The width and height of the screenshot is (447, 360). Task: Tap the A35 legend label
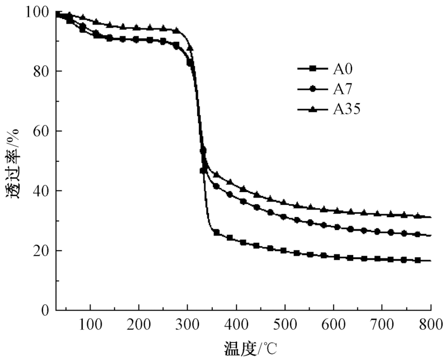[x=347, y=109]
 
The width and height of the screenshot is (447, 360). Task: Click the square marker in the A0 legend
[x=313, y=69]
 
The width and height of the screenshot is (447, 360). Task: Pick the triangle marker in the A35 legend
[x=313, y=109]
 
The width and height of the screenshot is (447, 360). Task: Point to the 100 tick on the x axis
[x=90, y=323]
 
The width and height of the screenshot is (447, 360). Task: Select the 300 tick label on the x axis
[x=187, y=323]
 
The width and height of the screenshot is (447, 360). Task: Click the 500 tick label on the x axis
[x=285, y=323]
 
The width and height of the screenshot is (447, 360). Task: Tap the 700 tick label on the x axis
[x=382, y=323]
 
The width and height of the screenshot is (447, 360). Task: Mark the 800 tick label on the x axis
[x=431, y=323]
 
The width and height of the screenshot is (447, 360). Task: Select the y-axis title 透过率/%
[x=13, y=162]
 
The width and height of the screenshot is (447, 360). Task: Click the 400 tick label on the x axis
[x=236, y=323]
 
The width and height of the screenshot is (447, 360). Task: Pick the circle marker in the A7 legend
[x=313, y=89]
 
